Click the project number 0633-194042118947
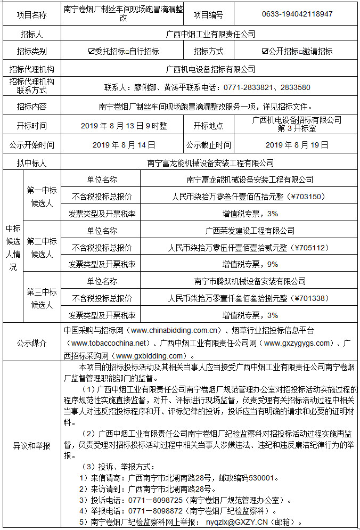click(297, 14)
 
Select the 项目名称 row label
click(31, 15)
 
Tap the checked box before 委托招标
click(92, 52)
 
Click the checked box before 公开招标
click(265, 52)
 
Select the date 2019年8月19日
click(297, 144)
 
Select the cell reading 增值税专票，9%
click(250, 264)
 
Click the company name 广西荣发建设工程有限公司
click(250, 231)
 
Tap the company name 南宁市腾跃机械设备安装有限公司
click(250, 281)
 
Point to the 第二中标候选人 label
click(42, 248)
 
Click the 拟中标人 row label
click(31, 163)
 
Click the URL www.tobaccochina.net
click(111, 343)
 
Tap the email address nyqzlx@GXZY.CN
click(244, 523)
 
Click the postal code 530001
click(259, 478)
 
